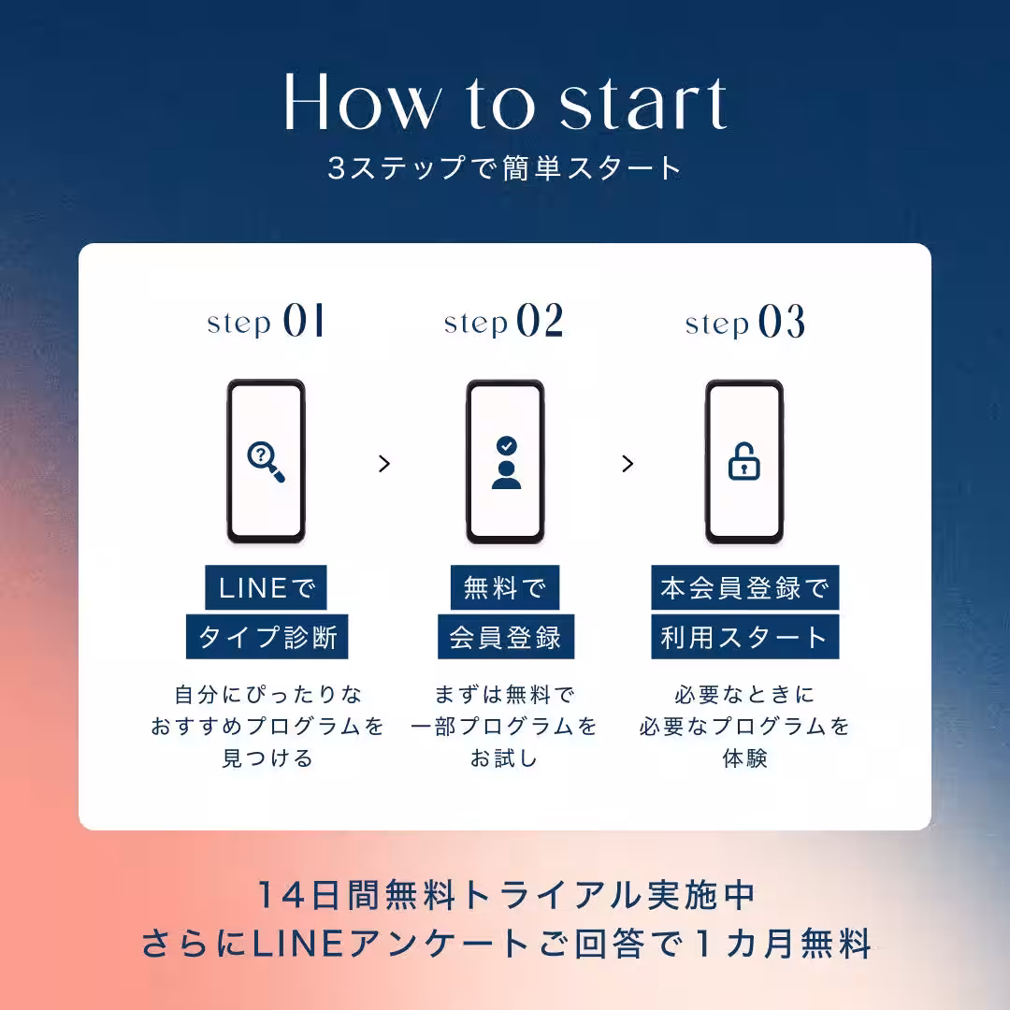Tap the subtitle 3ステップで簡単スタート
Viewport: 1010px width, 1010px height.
pos(505,168)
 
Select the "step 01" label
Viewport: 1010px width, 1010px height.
pos(267,323)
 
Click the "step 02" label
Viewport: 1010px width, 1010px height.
pos(504,323)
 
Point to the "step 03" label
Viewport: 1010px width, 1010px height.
pos(744,323)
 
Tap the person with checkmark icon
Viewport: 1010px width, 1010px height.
pos(506,462)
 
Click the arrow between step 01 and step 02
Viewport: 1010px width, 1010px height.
pos(383,464)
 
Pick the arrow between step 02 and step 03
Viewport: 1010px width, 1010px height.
pos(628,464)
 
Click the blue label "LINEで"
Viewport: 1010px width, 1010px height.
pos(267,588)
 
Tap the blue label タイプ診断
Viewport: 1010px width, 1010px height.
pos(267,637)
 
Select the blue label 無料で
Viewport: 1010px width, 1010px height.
pos(505,588)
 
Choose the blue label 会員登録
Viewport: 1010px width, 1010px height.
pos(505,637)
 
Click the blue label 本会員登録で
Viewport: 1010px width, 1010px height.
pos(744,588)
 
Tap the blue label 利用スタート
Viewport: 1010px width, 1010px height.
pos(744,637)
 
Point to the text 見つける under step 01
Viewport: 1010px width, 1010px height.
pos(267,757)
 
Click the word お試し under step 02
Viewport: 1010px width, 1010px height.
pos(505,757)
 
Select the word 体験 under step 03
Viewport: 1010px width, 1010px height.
pos(744,757)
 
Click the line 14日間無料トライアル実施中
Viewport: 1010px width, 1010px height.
pos(505,895)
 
